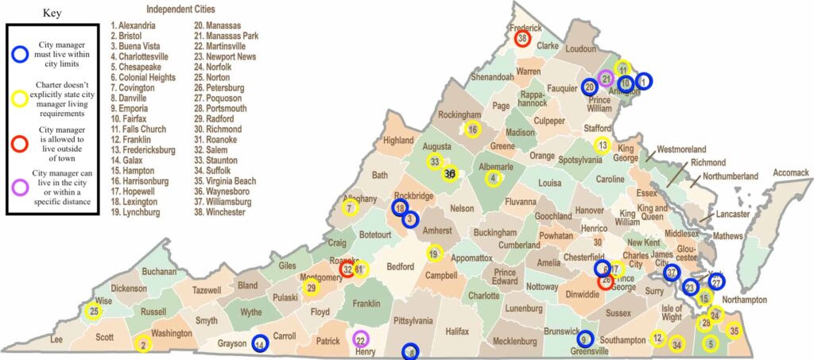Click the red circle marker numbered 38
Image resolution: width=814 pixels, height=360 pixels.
click(522, 38)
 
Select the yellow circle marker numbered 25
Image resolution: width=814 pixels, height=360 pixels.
click(95, 311)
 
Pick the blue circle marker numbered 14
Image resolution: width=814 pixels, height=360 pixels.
click(259, 344)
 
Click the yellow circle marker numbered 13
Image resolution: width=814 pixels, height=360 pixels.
click(603, 145)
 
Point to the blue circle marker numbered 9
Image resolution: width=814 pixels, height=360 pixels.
click(585, 338)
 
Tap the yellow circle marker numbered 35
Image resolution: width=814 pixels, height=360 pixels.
click(734, 331)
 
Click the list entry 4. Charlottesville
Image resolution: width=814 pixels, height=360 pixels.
click(144, 57)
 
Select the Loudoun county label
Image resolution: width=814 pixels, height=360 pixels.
click(580, 49)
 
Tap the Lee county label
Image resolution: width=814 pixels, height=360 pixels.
click(56, 339)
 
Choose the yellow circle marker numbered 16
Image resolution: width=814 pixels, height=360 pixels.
click(472, 130)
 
